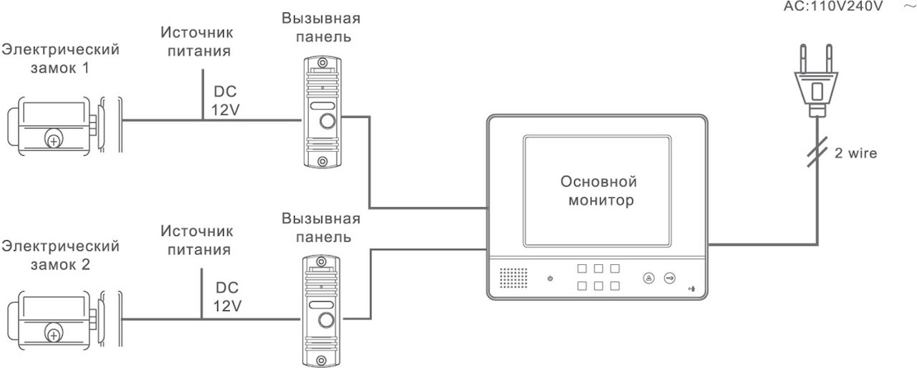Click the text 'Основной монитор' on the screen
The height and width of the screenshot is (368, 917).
click(597, 190)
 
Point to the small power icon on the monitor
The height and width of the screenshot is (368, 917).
click(549, 278)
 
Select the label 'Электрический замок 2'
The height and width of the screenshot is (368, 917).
click(59, 255)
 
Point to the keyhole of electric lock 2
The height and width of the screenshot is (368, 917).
click(55, 336)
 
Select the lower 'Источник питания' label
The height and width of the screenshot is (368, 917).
click(197, 238)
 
